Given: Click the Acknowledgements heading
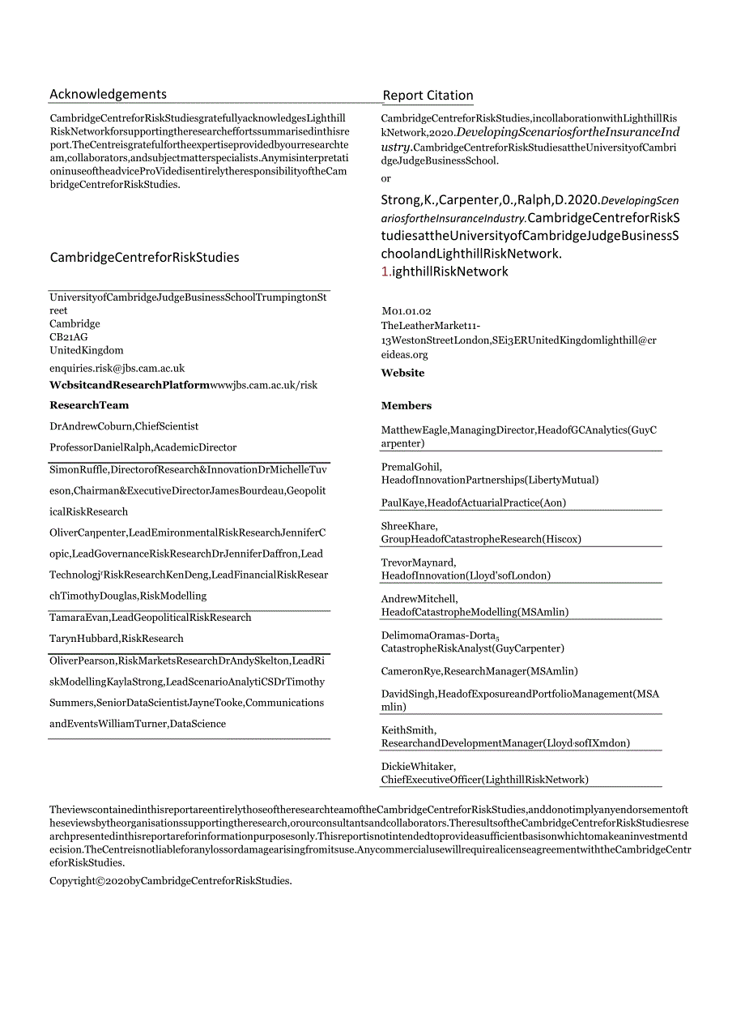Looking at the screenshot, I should click(x=108, y=94).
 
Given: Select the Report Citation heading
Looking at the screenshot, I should click(x=428, y=96).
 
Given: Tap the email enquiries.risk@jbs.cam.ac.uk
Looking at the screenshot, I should click(x=117, y=368).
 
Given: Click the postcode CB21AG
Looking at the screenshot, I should click(x=69, y=337).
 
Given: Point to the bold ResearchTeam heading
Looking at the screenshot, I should click(x=89, y=405).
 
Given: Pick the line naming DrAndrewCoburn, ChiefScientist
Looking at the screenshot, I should click(x=124, y=426).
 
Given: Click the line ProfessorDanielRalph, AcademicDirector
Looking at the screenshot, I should click(x=143, y=447).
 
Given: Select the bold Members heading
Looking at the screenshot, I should click(x=407, y=406).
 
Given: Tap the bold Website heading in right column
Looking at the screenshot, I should click(x=402, y=374).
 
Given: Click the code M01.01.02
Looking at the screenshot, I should click(x=406, y=311).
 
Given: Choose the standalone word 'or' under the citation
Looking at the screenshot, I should click(x=385, y=178).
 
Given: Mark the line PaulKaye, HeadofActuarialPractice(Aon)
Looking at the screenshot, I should click(x=474, y=503).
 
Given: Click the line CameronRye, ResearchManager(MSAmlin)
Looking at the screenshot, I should click(x=479, y=671).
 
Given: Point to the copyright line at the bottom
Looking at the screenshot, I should click(x=170, y=881).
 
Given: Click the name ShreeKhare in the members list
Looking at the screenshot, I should click(x=408, y=526).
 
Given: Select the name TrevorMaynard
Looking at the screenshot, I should click(x=418, y=562).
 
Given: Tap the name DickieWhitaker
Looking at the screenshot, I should click(x=418, y=767).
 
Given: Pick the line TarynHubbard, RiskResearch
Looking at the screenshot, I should click(x=117, y=639).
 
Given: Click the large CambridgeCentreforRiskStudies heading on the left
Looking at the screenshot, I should click(x=145, y=258).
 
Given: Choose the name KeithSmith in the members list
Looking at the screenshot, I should click(x=408, y=730).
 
